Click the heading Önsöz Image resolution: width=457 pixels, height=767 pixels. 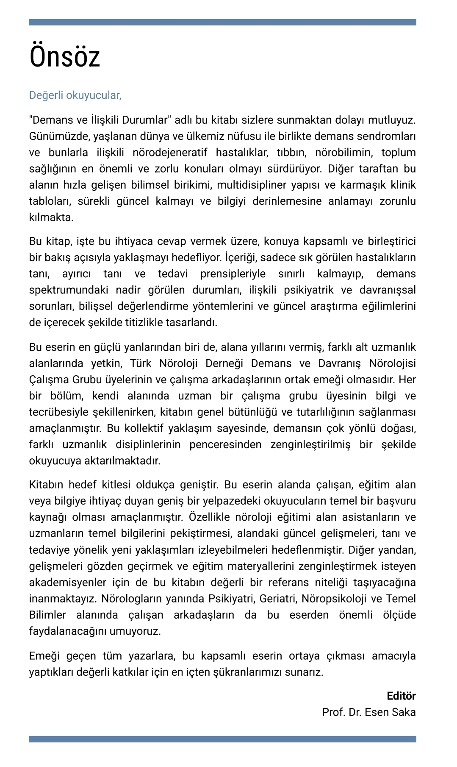coord(64,56)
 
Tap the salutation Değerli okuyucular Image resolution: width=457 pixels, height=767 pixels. coord(75,95)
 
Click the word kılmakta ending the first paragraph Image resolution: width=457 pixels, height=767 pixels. coord(51,218)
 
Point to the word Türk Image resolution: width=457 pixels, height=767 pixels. coord(141,364)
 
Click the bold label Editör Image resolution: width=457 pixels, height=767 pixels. coord(401,696)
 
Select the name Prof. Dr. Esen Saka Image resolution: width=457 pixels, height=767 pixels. coord(368,712)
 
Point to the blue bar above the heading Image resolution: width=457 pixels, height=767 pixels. coord(222,22)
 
